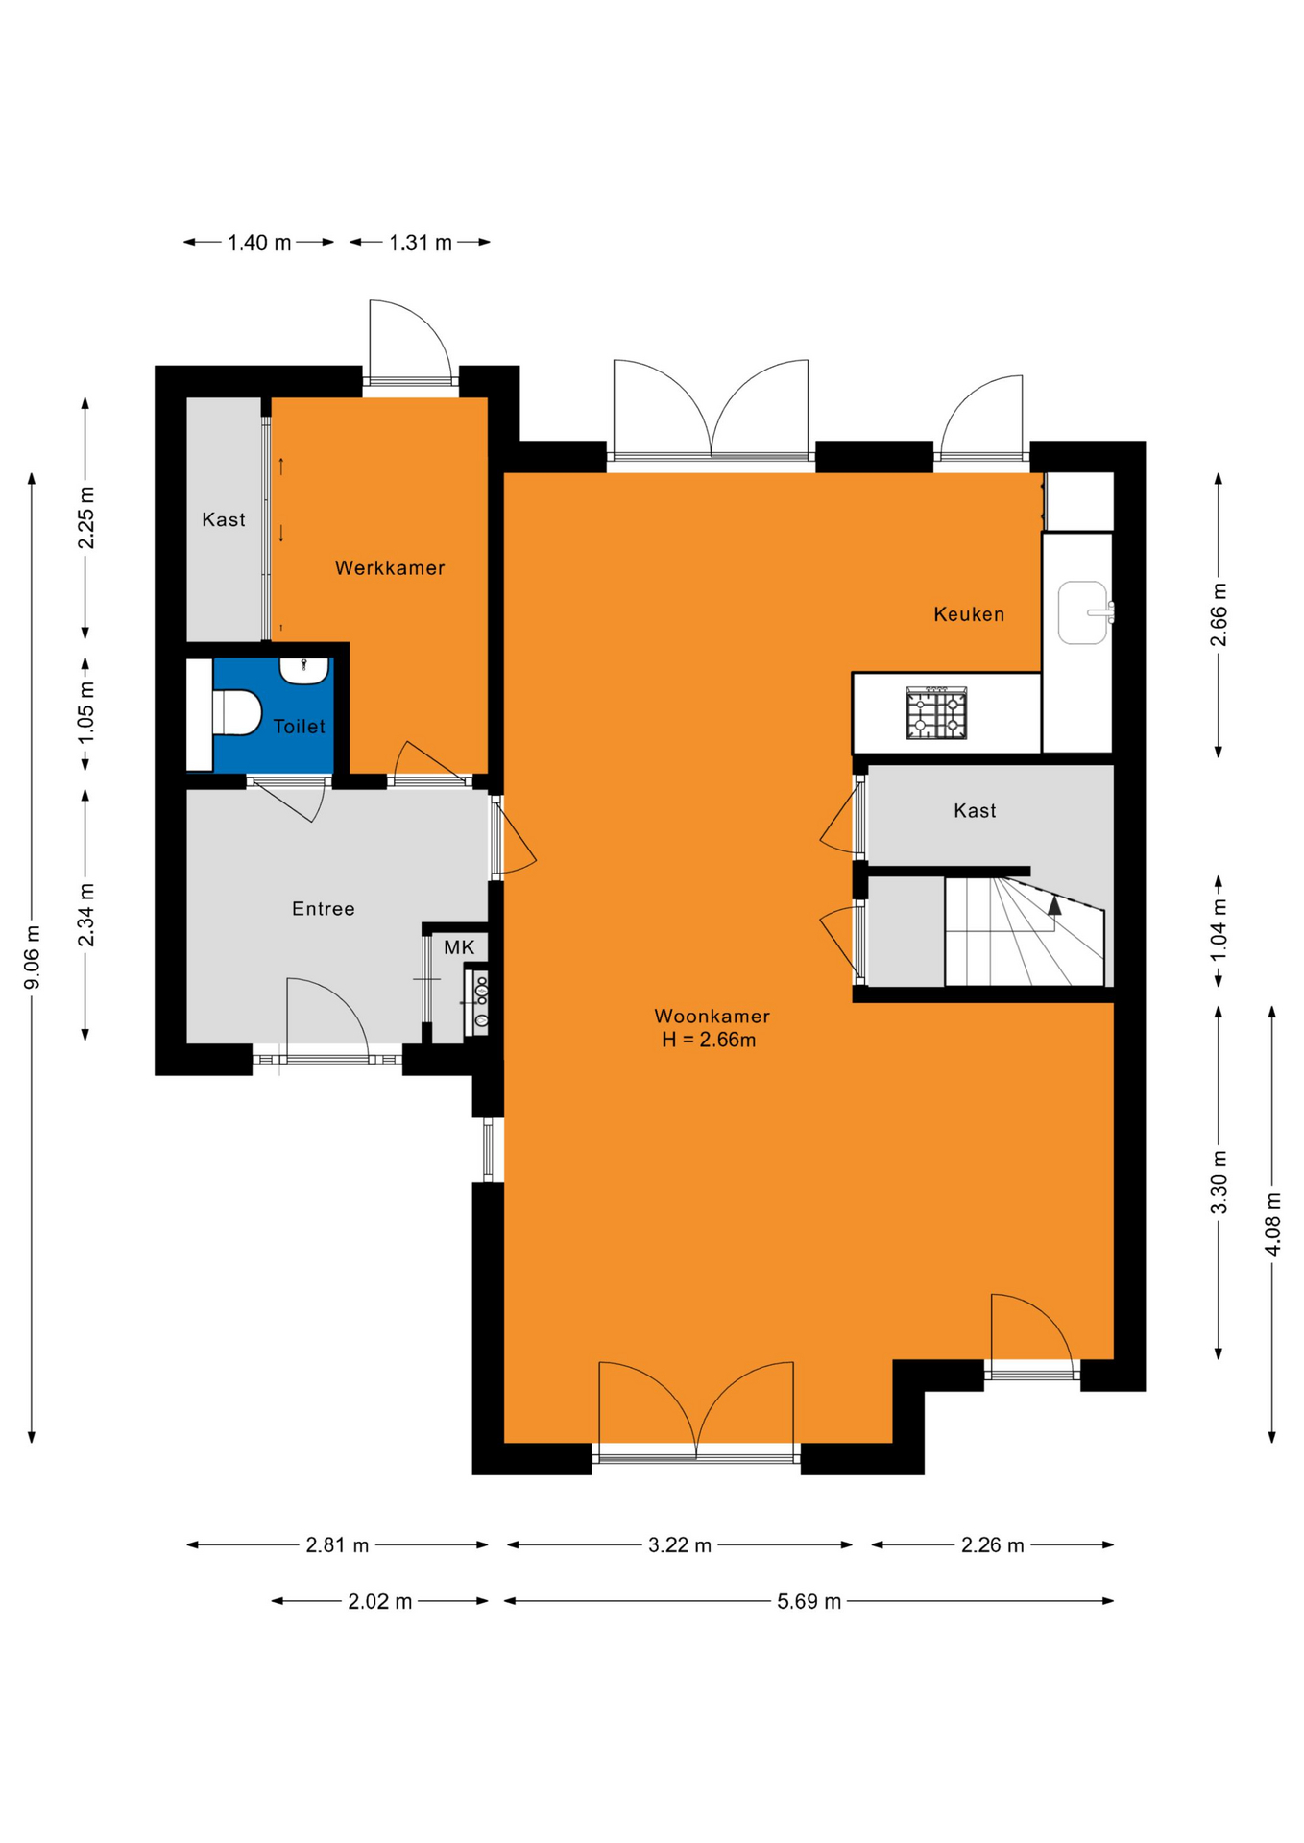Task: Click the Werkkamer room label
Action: [390, 568]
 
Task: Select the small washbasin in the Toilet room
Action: [303, 670]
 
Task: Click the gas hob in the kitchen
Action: [936, 713]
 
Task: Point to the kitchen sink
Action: [1083, 612]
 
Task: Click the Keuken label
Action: [969, 614]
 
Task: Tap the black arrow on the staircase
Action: [1054, 905]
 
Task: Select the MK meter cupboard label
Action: [459, 947]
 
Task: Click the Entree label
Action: [324, 909]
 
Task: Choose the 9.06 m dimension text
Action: [33, 957]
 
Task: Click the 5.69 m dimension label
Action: [809, 1601]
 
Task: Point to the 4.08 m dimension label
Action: [1272, 1224]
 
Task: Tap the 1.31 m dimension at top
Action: [421, 243]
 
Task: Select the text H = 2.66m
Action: [709, 1041]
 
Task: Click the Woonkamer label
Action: [712, 1017]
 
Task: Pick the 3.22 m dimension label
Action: [680, 1545]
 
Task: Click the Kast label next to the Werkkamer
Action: [224, 520]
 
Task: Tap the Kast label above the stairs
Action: [975, 811]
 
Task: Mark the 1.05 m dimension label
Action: [86, 711]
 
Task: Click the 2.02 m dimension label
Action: [380, 1601]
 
